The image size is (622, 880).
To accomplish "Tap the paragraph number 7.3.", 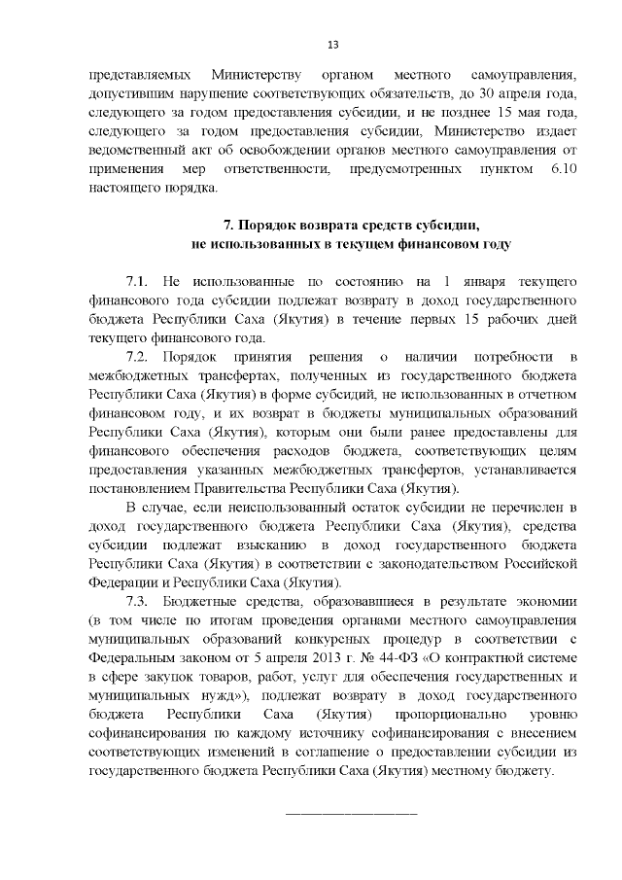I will [139, 601].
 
